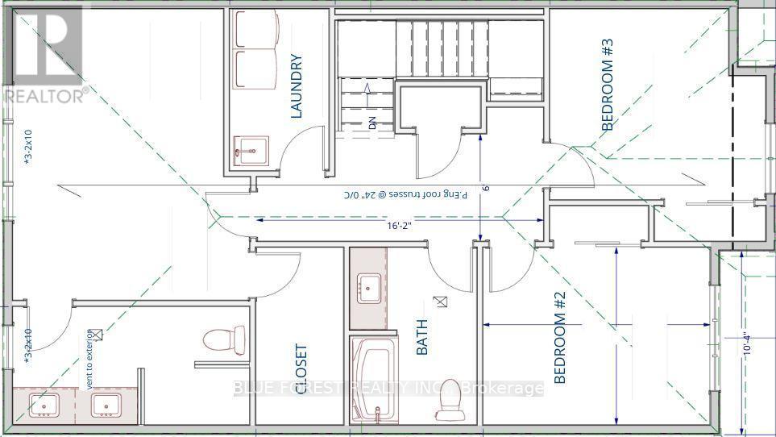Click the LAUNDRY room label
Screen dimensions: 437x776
coord(296,86)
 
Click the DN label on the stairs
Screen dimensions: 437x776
coord(372,123)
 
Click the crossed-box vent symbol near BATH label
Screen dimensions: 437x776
coord(440,302)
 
